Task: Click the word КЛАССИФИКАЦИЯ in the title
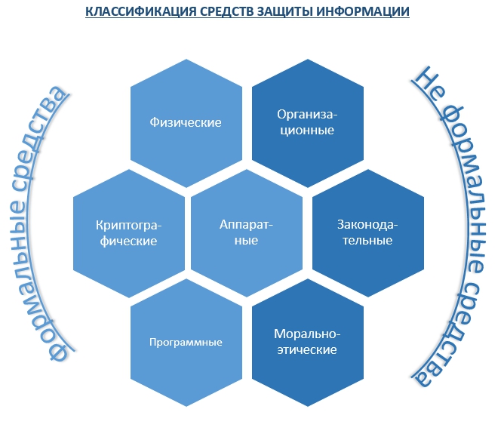coord(140,11)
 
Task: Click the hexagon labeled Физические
coord(186,123)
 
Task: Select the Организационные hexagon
coord(308,123)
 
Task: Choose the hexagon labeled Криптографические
coord(129,233)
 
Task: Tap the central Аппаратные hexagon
coord(247,233)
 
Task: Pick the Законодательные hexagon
coord(368,233)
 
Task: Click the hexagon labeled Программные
coord(186,343)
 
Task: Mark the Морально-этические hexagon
coord(308,343)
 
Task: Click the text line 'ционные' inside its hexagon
coord(307,131)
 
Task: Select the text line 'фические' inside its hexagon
coord(128,241)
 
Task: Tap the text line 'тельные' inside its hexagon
coord(367,241)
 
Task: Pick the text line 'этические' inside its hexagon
coord(307,349)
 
